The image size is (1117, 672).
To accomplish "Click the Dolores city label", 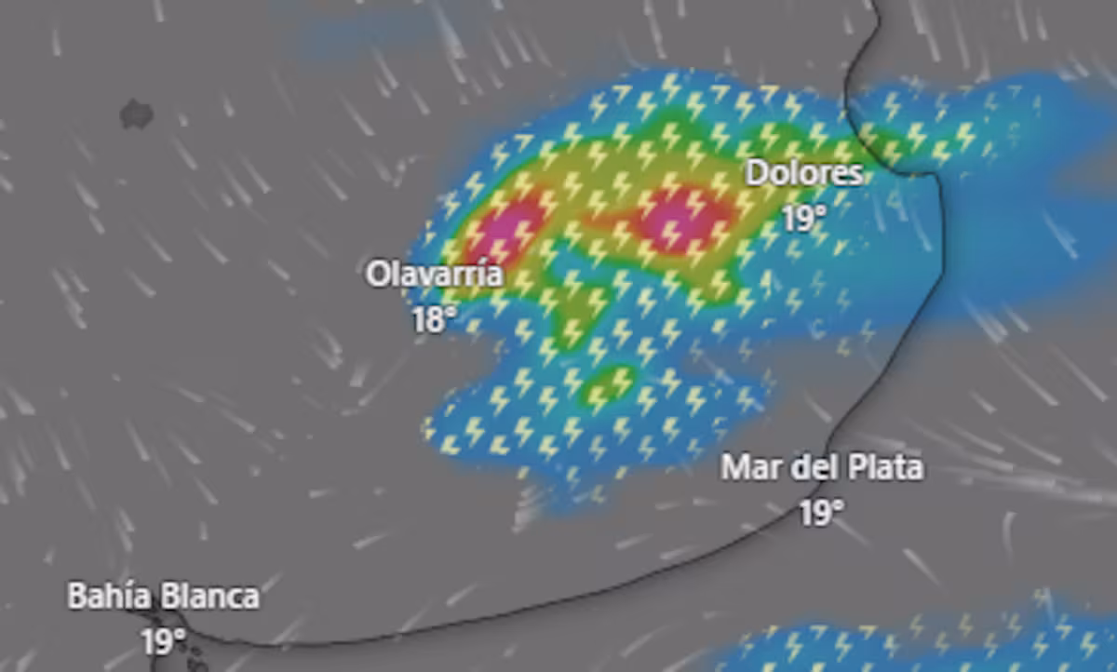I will tap(804, 173).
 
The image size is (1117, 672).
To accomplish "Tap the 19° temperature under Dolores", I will tap(803, 219).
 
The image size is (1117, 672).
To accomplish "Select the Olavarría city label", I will tap(434, 275).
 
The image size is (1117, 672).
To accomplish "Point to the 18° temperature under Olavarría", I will tap(434, 320).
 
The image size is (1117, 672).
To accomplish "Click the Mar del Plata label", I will tap(822, 467).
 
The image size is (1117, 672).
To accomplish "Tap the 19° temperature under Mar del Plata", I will tap(822, 512).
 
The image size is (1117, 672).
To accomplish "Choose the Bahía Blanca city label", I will tap(163, 597).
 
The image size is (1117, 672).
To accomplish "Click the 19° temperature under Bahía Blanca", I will tap(164, 641).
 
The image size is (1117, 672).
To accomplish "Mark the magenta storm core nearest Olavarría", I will tap(505, 226).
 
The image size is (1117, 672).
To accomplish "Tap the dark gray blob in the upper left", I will tap(137, 114).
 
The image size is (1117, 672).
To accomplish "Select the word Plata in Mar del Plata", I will tap(884, 467).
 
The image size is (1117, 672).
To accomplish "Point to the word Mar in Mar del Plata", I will tap(747, 467).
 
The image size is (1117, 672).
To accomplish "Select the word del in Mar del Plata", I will tap(806, 467).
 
